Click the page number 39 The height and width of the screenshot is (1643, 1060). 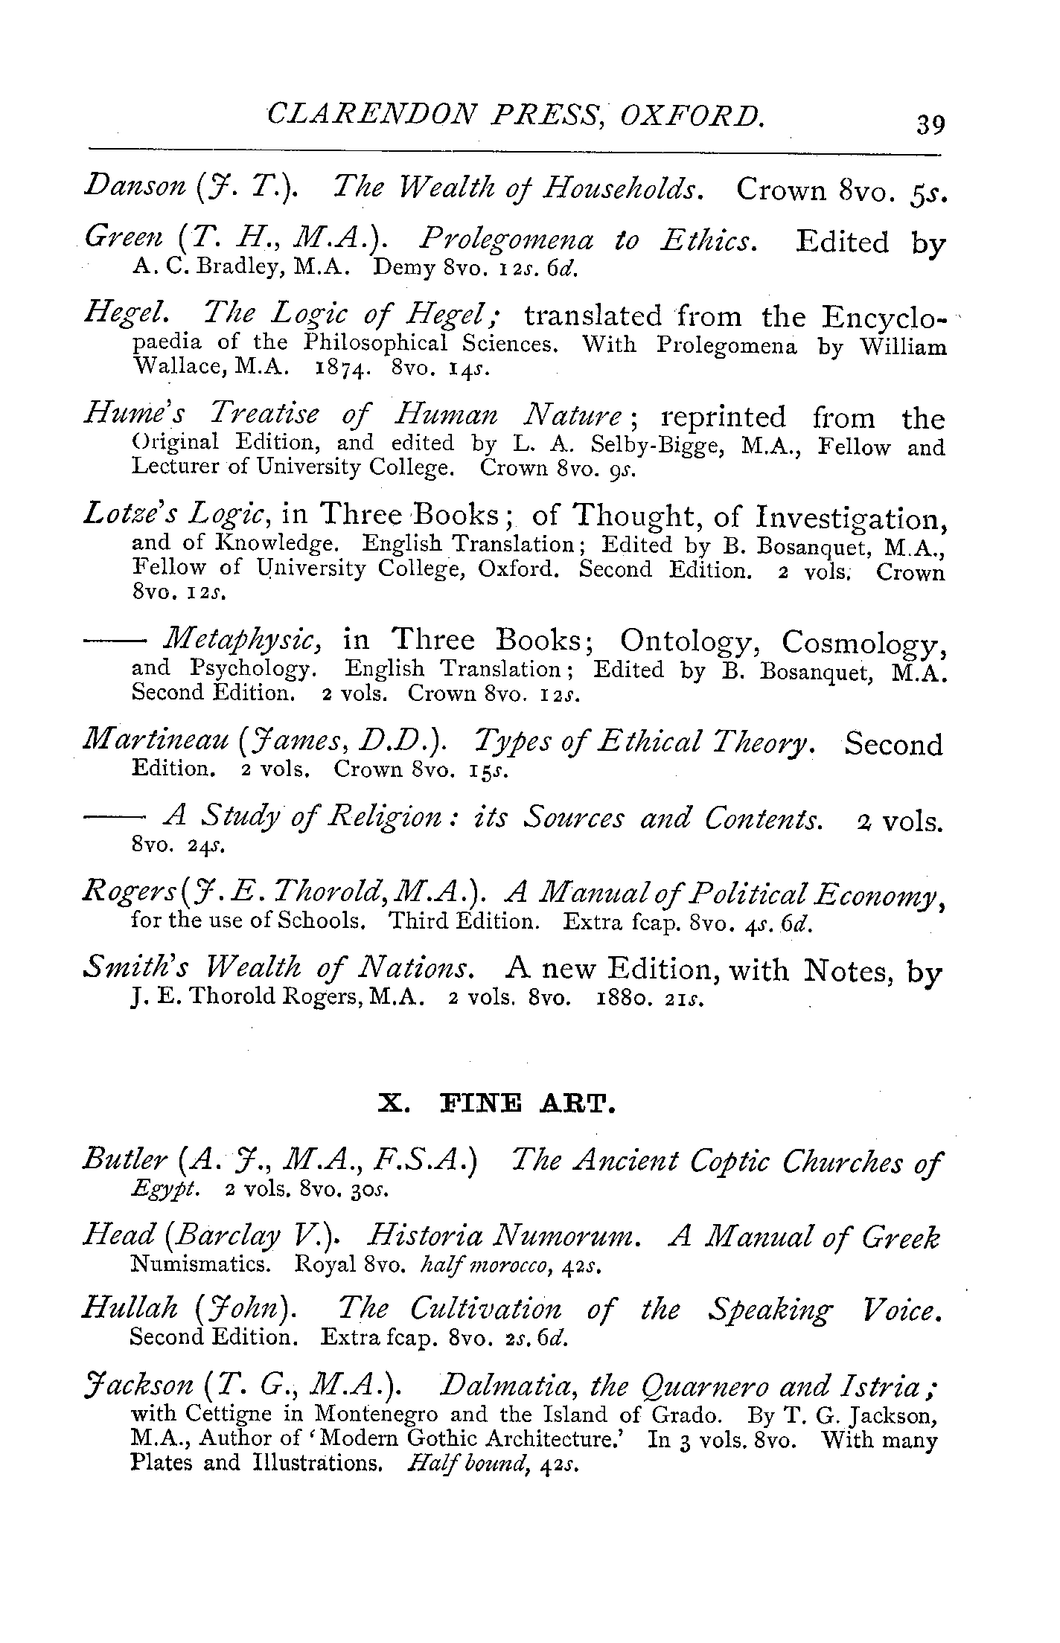tap(930, 122)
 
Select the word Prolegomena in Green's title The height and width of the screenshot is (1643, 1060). tap(506, 240)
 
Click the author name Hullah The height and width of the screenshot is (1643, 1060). tap(131, 1309)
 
